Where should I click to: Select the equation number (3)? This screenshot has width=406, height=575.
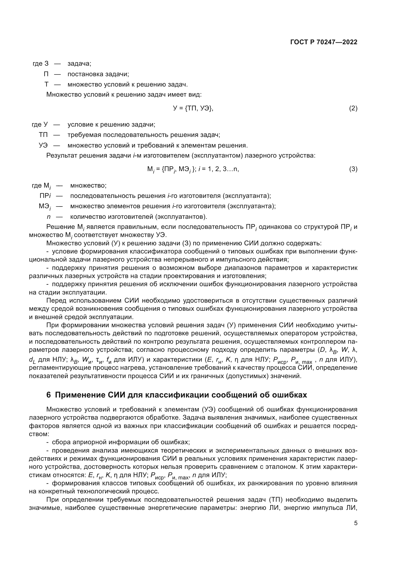point(353,169)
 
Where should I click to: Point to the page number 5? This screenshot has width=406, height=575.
point(355,523)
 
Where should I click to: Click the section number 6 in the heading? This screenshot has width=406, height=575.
point(49,395)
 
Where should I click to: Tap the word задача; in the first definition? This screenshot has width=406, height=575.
point(79,64)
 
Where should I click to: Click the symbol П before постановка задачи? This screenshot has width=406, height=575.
point(46,74)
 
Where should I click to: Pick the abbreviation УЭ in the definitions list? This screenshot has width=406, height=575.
point(43,145)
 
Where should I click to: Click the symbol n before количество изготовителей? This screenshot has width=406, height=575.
point(49,216)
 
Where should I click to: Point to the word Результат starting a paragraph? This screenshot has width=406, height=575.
point(62,156)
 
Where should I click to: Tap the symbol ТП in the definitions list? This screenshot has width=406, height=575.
point(43,135)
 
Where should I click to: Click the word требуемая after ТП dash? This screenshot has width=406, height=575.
point(84,135)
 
